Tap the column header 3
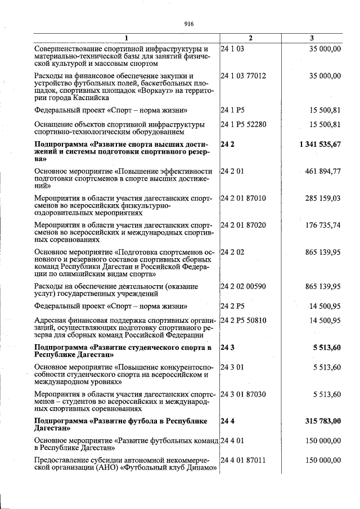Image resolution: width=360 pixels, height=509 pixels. coord(312,38)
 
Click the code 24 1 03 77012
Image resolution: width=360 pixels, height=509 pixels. coord(244,76)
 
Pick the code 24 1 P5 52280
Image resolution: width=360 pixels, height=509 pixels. coord(244,124)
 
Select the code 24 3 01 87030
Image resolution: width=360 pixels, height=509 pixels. coord(244,394)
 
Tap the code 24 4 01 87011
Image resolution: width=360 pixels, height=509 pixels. coord(244,461)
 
